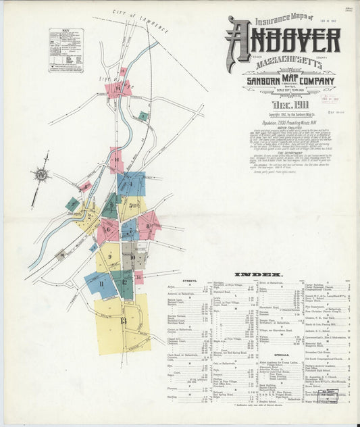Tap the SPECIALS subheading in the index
click(282, 353)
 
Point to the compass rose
click(42, 176)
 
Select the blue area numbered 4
click(130, 184)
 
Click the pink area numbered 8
click(149, 226)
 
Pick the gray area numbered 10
click(128, 255)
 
